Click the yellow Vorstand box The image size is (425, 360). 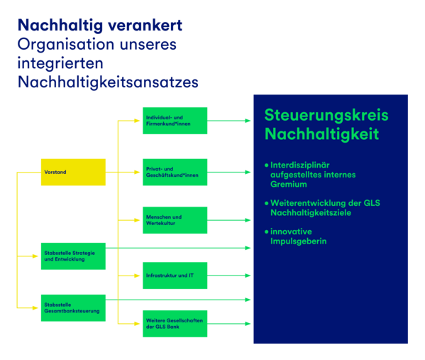point(73,172)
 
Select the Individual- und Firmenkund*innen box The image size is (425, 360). point(175,121)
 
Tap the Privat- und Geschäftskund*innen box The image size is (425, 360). point(175,172)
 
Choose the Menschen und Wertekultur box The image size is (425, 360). point(175,220)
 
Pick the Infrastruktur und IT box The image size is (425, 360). point(175,276)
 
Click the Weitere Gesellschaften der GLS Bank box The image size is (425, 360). point(175,323)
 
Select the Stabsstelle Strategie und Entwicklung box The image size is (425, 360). point(73,256)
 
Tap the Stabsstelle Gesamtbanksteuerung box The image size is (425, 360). point(73,307)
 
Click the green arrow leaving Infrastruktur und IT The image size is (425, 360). point(228,276)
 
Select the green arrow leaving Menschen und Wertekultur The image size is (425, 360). point(228,220)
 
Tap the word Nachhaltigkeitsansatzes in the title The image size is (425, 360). point(108,82)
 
